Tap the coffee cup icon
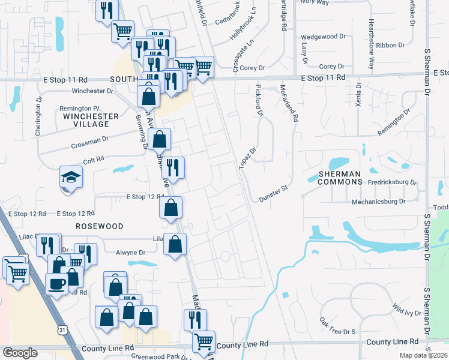tap(58, 283)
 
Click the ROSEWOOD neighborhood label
tap(100, 226)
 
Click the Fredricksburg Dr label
tap(384, 181)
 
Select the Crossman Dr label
tap(89, 142)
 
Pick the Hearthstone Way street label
tap(372, 43)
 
